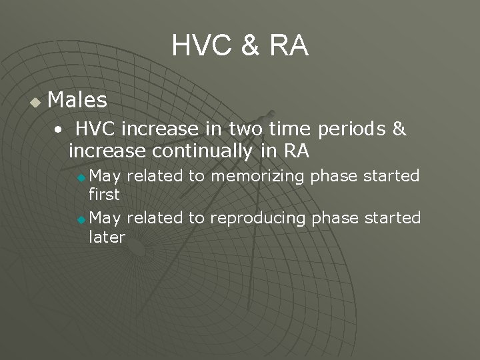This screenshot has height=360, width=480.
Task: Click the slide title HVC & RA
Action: [240, 46]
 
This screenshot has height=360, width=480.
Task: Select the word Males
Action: [77, 101]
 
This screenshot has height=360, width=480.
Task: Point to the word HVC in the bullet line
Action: [95, 129]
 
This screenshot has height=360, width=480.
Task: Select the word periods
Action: [354, 129]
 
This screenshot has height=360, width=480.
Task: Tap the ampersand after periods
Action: [399, 129]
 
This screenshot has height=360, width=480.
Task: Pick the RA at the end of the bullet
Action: [296, 151]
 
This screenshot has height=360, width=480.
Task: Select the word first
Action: [104, 195]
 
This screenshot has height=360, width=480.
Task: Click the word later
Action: [107, 237]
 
